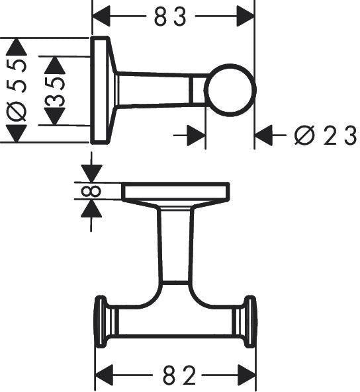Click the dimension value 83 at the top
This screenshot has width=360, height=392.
[170, 17]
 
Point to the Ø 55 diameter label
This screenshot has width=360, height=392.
[17, 91]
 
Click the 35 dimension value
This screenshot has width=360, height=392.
[54, 91]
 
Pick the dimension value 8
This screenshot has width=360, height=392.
[91, 191]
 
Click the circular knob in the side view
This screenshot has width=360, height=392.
[230, 90]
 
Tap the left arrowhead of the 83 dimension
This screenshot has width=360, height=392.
[101, 17]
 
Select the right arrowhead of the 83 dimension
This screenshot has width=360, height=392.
[246, 17]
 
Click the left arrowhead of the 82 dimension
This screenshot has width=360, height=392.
[105, 375]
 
